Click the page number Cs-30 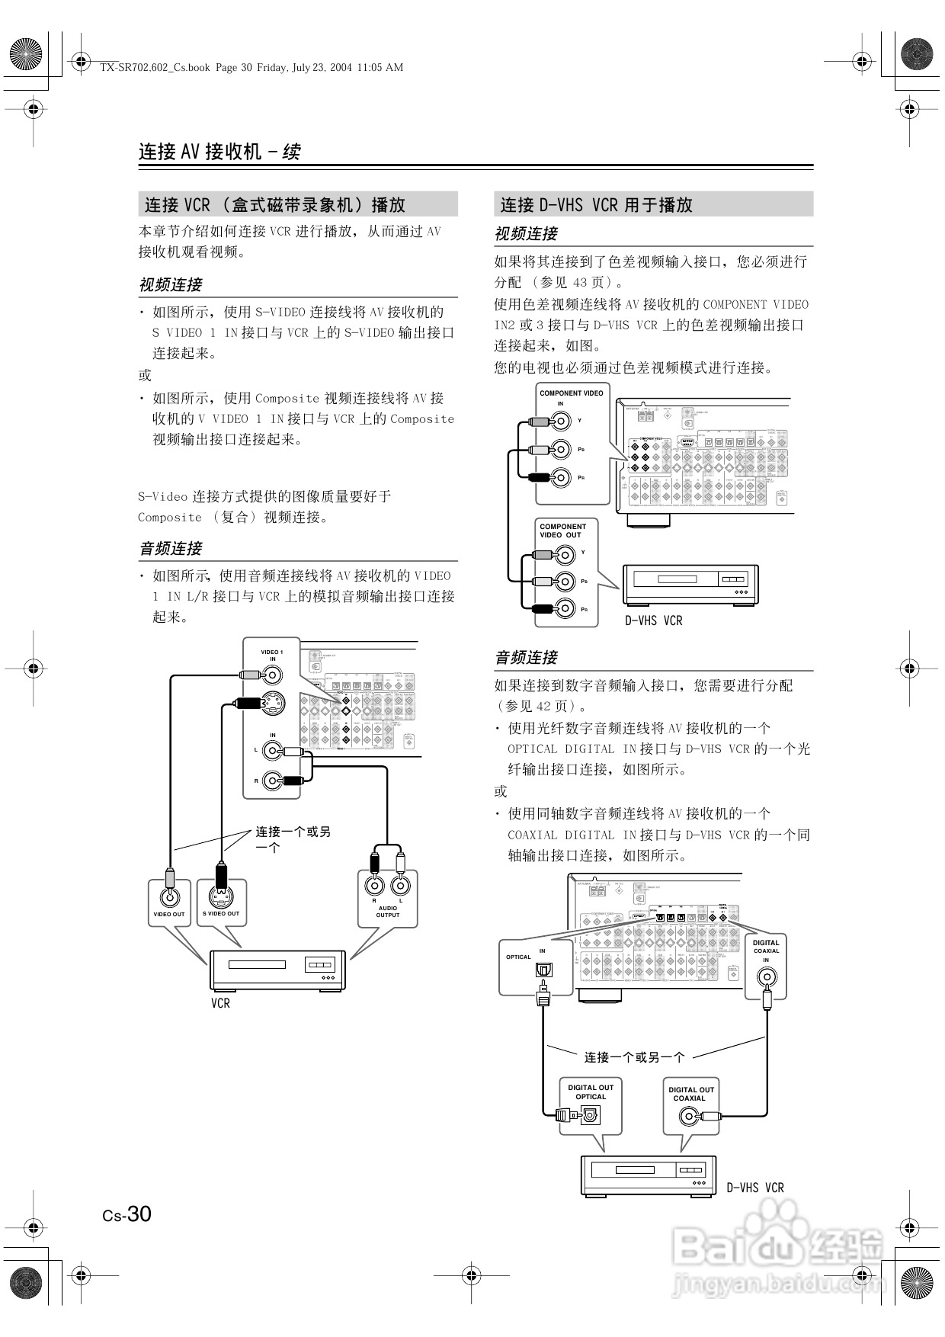pyautogui.click(x=127, y=1214)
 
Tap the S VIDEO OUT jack pyautogui.click(x=221, y=896)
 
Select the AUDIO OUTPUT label pyautogui.click(x=387, y=911)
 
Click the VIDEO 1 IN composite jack pyautogui.click(x=272, y=675)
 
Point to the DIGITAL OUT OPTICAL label pyautogui.click(x=591, y=1092)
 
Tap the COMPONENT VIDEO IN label pyautogui.click(x=571, y=397)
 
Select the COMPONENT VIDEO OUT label pyautogui.click(x=562, y=531)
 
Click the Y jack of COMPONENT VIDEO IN pyautogui.click(x=562, y=421)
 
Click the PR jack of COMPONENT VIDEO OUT pyautogui.click(x=564, y=609)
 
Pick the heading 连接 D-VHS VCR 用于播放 pyautogui.click(x=597, y=205)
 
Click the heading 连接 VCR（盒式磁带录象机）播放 pyautogui.click(x=275, y=205)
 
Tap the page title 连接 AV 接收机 pyautogui.click(x=200, y=152)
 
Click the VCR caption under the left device pyautogui.click(x=220, y=1003)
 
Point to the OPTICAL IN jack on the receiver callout pyautogui.click(x=544, y=970)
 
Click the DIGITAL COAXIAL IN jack pyautogui.click(x=766, y=976)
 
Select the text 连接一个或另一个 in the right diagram pyautogui.click(x=634, y=1057)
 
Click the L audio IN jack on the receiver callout pyautogui.click(x=272, y=751)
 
